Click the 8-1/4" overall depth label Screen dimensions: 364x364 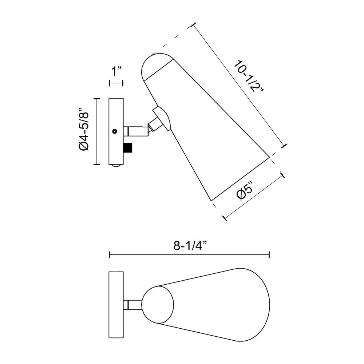pos(190,246)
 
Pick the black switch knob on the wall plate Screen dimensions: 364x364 pos(128,148)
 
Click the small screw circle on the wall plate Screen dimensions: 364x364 pos(114,131)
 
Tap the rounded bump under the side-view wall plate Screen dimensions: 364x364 pos(116,166)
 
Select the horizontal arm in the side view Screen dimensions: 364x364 pos(136,131)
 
